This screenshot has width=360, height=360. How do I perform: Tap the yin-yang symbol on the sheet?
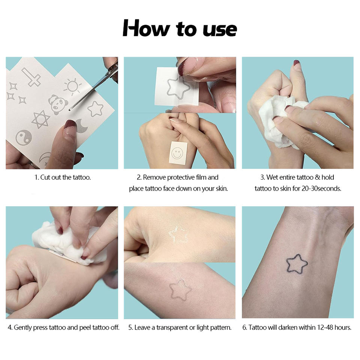click(x=24, y=137)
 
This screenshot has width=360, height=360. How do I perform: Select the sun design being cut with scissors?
click(x=72, y=86)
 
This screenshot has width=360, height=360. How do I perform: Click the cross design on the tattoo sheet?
click(x=31, y=77)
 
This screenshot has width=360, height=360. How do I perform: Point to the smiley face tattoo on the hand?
click(x=177, y=153)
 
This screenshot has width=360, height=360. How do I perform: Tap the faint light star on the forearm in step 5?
click(x=180, y=290)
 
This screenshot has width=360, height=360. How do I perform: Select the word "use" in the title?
click(x=220, y=30)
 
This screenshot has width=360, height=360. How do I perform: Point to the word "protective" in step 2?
click(x=181, y=177)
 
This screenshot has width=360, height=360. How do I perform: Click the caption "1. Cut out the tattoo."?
click(x=63, y=177)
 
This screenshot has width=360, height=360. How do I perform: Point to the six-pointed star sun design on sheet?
click(x=41, y=119)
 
